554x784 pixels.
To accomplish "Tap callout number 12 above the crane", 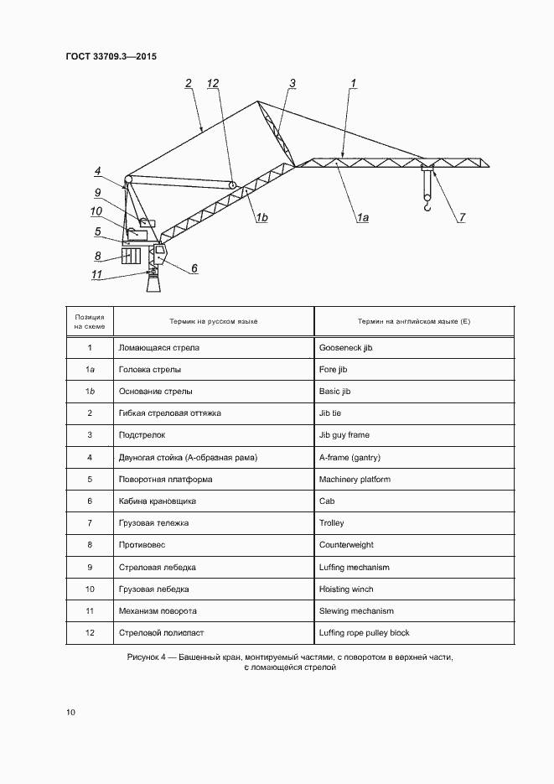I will click(x=213, y=83).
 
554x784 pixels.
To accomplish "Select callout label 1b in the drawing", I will click(x=261, y=218).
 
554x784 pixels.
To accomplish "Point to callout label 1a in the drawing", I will click(x=363, y=218).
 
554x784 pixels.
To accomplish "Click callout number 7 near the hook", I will click(x=461, y=218).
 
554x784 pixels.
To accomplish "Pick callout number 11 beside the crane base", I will click(x=97, y=273).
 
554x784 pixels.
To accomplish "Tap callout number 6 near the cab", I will click(x=194, y=268).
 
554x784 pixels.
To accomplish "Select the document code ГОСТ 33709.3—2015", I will click(x=111, y=57).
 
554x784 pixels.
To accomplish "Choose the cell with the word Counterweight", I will click(x=346, y=545).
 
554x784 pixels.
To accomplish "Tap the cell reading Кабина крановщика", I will click(x=158, y=501).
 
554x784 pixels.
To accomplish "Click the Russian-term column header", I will click(x=214, y=321).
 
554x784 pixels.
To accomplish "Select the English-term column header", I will click(x=413, y=321).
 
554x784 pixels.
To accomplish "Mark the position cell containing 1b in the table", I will click(x=90, y=392).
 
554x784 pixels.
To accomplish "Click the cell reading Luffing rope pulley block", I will click(x=365, y=633).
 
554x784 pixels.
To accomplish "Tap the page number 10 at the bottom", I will click(x=71, y=713).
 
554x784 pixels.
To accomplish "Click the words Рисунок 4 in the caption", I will click(x=148, y=657).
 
